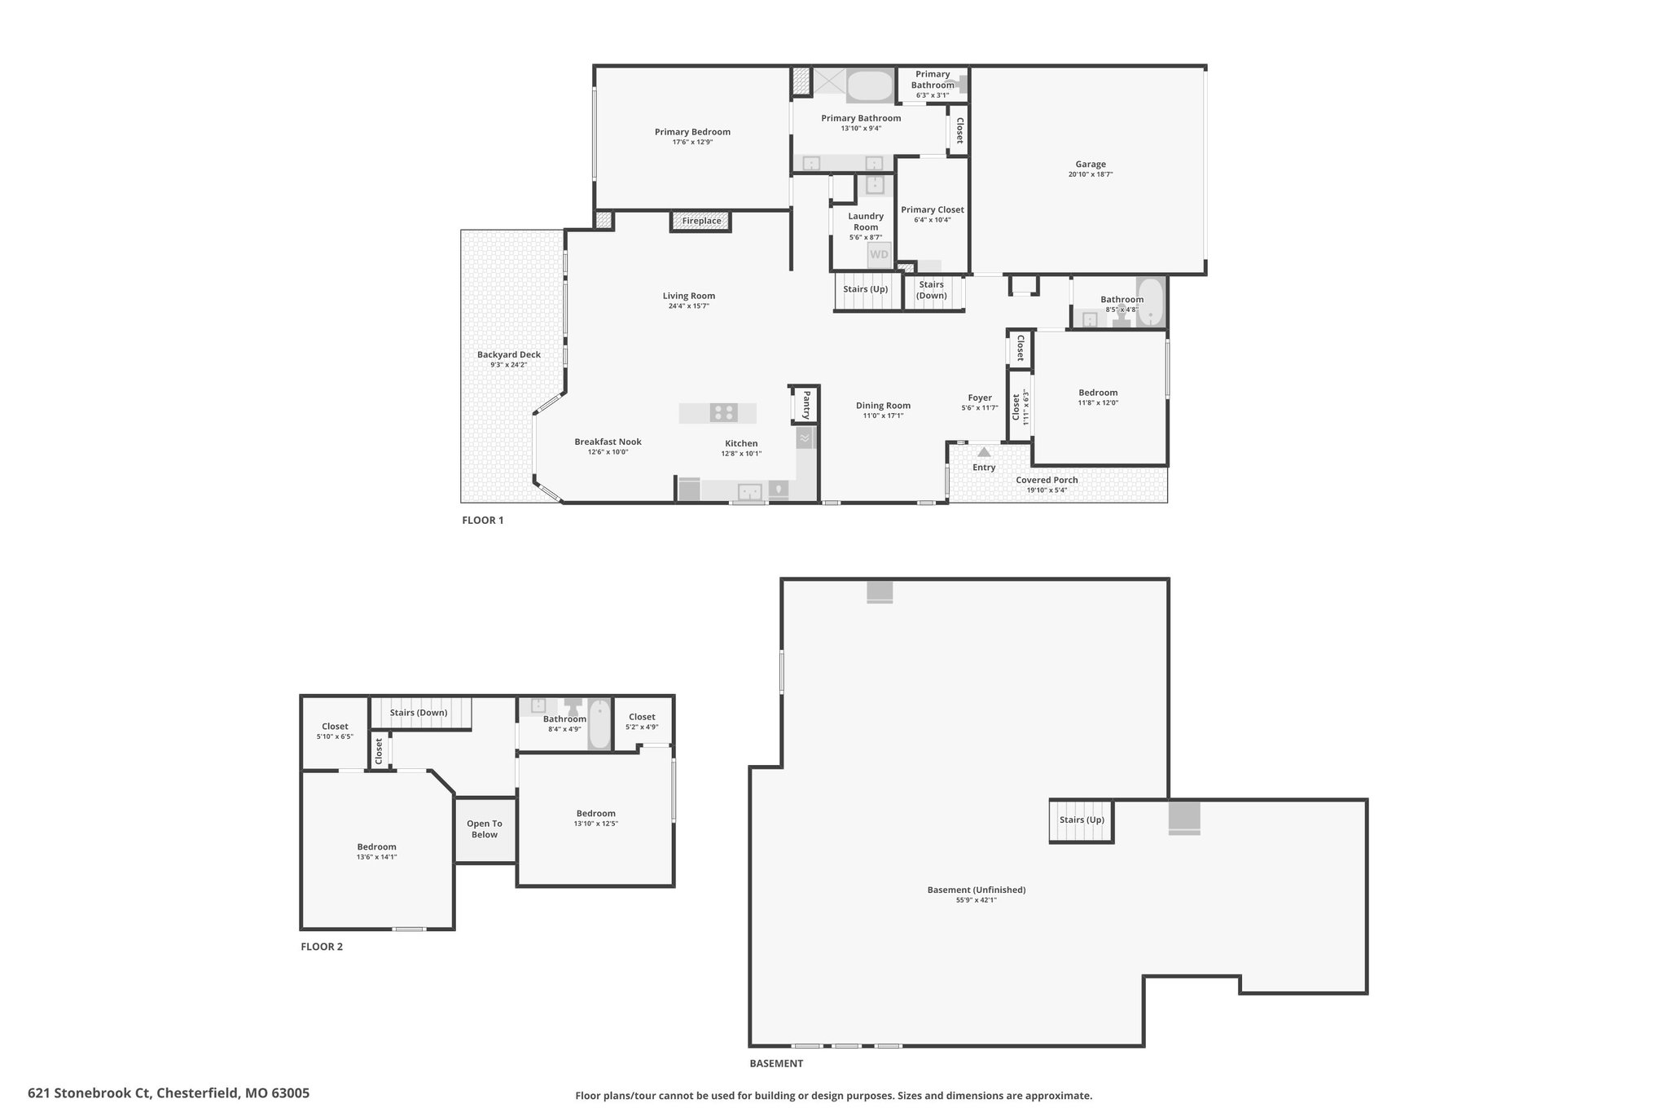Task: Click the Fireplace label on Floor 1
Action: pos(701,221)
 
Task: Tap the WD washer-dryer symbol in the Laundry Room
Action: pos(879,254)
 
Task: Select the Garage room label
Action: pos(1091,165)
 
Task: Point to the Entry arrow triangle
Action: pos(984,451)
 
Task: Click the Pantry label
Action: pos(806,404)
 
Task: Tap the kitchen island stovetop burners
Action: pos(722,413)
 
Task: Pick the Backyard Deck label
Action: pos(509,354)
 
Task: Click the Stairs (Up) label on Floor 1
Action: pos(866,289)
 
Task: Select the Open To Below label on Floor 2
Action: pos(485,829)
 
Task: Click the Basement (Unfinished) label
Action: pos(977,890)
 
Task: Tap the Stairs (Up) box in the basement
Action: pos(1082,821)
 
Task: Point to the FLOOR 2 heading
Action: pos(322,947)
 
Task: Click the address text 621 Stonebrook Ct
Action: pos(90,1093)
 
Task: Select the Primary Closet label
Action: pos(933,209)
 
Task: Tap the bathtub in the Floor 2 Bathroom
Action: pos(599,723)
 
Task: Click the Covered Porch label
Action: pos(1047,480)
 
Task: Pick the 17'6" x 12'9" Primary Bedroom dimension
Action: pos(692,143)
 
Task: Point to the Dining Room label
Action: pos(883,406)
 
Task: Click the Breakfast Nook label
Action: pos(608,442)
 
